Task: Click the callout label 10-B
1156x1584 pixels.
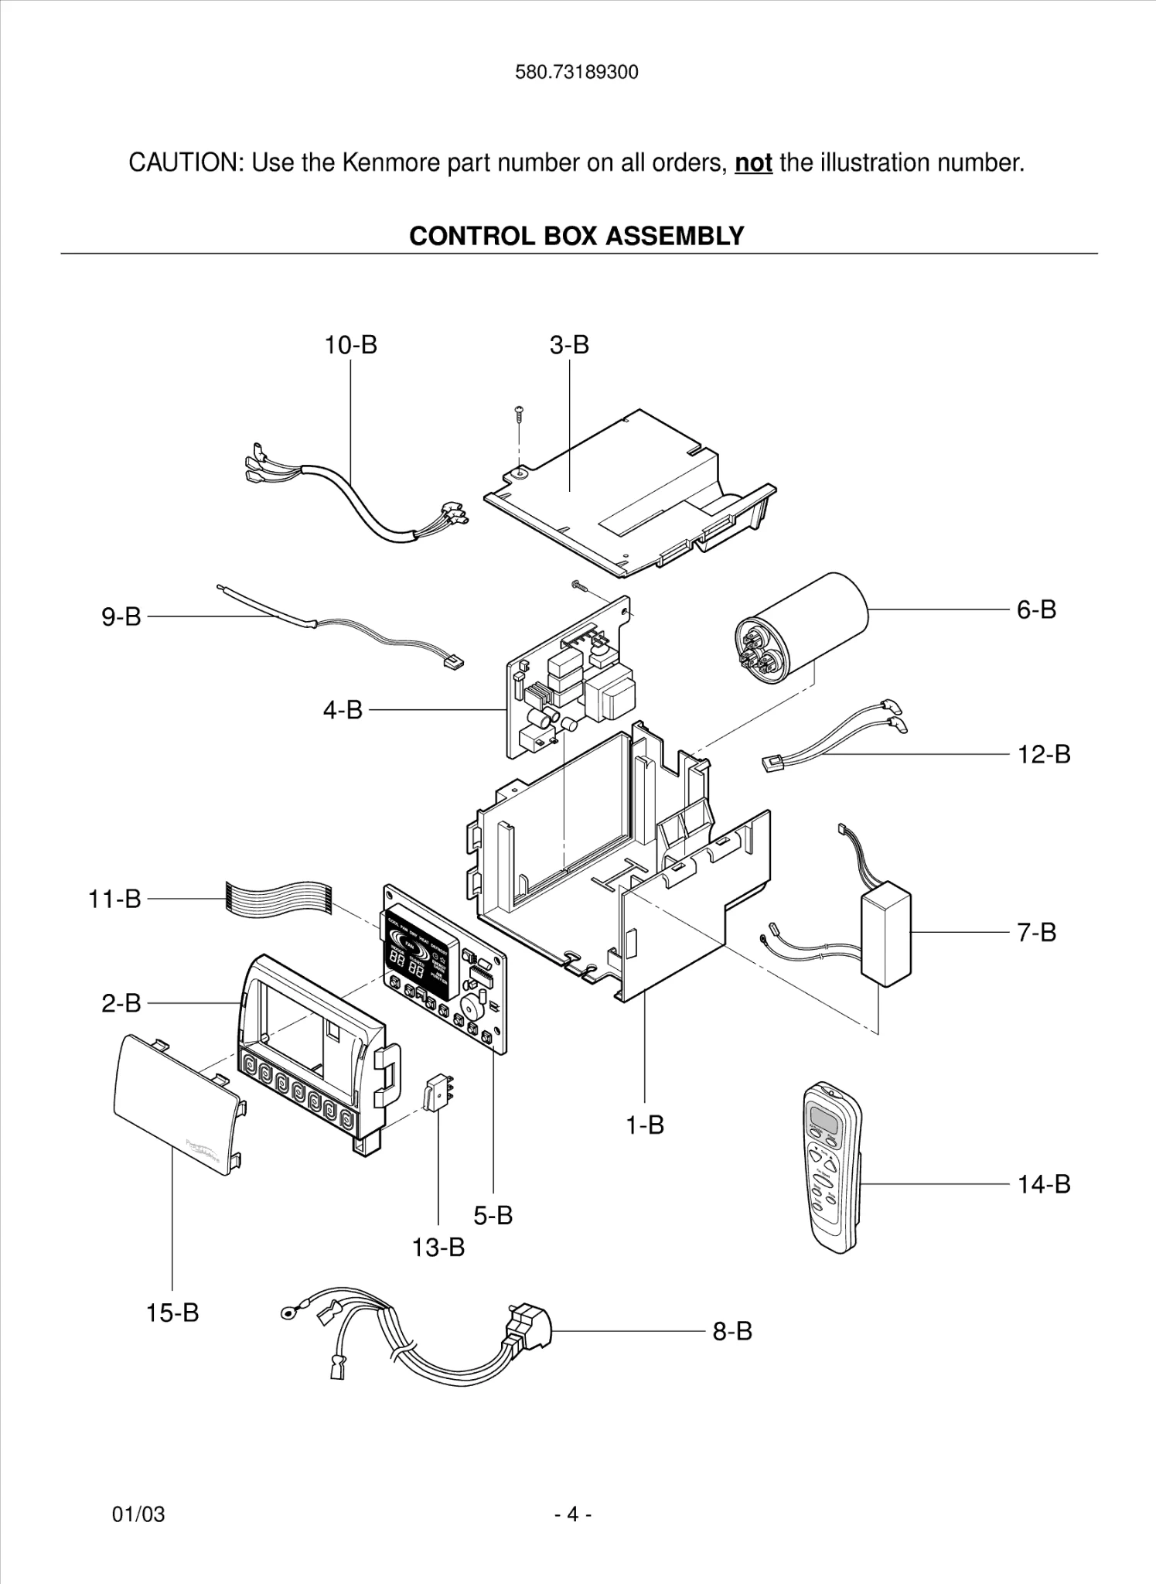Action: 350,345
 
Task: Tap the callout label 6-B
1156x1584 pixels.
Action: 1035,609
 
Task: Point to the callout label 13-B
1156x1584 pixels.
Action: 438,1247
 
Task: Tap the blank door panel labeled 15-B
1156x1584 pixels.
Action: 178,1107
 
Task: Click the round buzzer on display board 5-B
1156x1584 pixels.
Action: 471,1008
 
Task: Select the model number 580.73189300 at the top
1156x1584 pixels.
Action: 577,73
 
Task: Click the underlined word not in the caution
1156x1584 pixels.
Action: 753,163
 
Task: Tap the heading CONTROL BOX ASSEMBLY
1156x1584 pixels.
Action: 576,236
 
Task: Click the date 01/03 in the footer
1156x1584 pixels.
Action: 138,1514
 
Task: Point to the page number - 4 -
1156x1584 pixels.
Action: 573,1514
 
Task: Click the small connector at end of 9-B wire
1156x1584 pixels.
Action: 453,662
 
